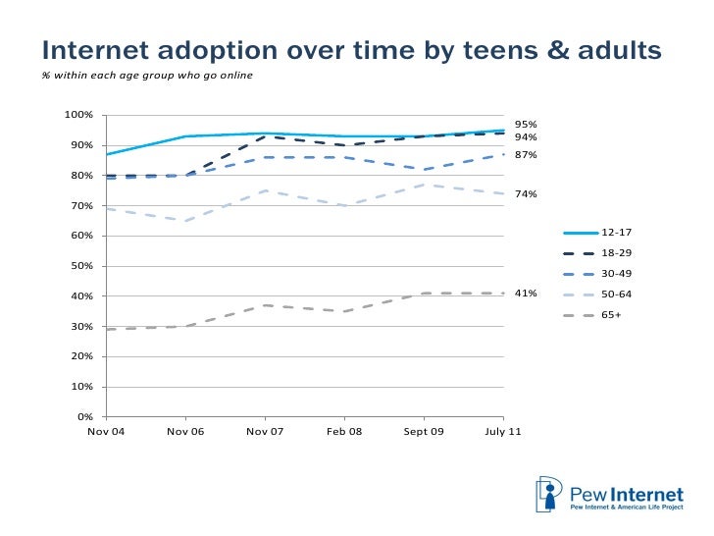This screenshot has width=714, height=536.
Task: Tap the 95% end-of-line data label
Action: pos(526,125)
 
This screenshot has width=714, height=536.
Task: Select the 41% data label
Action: pos(526,294)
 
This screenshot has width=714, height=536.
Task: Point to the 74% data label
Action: pos(526,194)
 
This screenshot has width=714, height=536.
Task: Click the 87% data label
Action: pos(526,155)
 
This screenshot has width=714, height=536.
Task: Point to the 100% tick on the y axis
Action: pos(78,115)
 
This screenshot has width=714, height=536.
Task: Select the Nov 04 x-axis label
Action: pos(106,433)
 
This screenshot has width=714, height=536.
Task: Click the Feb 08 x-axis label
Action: pos(344,433)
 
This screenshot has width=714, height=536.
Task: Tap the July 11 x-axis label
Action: pos(502,433)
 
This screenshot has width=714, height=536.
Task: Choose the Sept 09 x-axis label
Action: pos(424,433)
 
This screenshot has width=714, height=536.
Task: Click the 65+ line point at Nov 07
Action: pos(265,305)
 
